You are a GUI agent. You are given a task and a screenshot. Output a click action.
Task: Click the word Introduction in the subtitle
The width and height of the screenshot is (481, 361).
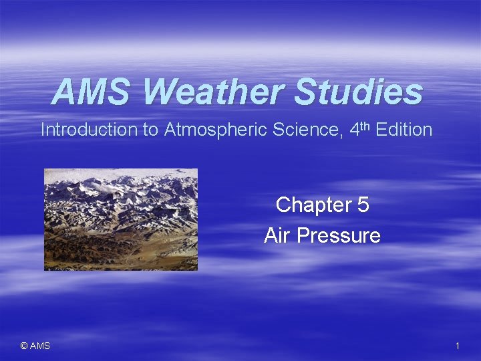pyautogui.click(x=89, y=130)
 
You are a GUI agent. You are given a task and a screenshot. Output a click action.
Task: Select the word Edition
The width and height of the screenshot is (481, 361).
pyautogui.click(x=404, y=130)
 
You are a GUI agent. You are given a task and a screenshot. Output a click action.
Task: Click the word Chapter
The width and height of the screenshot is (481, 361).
pyautogui.click(x=309, y=205)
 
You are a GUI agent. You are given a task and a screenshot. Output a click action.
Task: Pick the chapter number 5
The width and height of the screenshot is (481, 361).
pyautogui.click(x=363, y=205)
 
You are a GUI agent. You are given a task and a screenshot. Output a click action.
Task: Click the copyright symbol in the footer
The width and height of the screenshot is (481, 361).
pyautogui.click(x=24, y=346)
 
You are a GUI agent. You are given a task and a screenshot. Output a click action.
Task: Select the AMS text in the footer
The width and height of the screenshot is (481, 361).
pyautogui.click(x=40, y=346)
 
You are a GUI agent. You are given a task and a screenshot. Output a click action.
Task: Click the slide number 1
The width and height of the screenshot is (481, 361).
pyautogui.click(x=457, y=346)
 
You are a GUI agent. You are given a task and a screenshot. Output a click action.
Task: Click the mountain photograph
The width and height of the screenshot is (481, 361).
pyautogui.click(x=121, y=219)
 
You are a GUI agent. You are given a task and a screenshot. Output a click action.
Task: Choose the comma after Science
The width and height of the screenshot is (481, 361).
pyautogui.click(x=343, y=135)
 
